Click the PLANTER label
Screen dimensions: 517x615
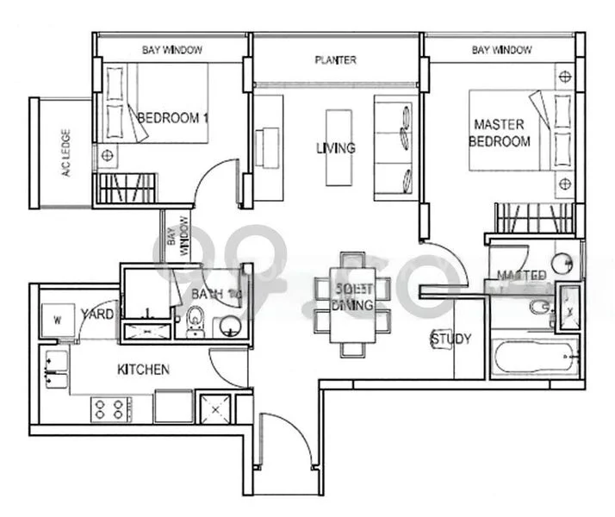coord(335,60)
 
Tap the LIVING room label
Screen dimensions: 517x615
coord(335,148)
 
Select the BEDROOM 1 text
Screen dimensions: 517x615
coord(173,117)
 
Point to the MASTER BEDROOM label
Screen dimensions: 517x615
coord(499,133)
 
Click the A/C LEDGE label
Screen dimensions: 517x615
coord(65,153)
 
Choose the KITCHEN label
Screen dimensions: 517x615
coord(143,370)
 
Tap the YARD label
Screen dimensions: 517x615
coord(97,315)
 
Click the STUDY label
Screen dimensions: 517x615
coord(451,339)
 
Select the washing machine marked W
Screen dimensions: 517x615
coord(58,320)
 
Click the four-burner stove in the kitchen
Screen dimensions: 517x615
coord(111,408)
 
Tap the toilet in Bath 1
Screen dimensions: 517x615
coord(195,324)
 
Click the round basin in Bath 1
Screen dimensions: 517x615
coord(230,326)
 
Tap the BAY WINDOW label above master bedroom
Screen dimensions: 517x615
coord(502,51)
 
